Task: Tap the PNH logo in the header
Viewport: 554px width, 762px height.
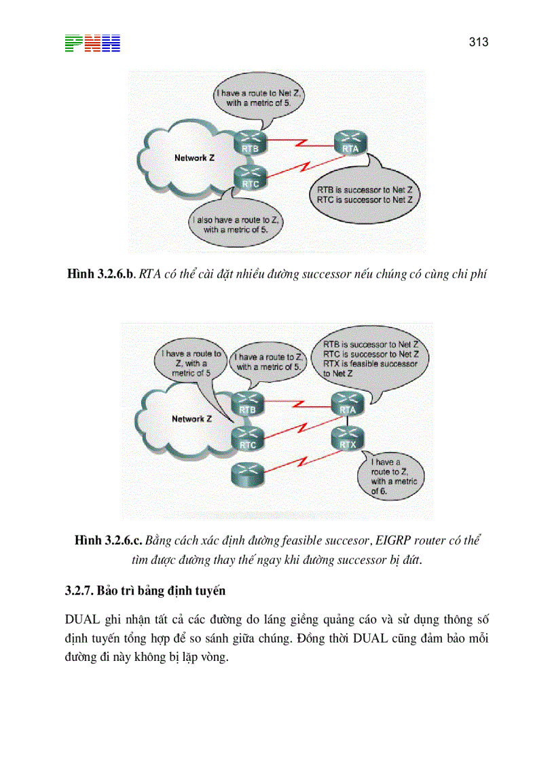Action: tap(92, 43)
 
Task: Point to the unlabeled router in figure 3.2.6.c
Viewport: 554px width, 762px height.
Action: tap(246, 473)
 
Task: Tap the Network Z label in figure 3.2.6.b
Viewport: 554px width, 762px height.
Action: tap(194, 157)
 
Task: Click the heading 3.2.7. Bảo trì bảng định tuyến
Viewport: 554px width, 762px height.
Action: tap(145, 590)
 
